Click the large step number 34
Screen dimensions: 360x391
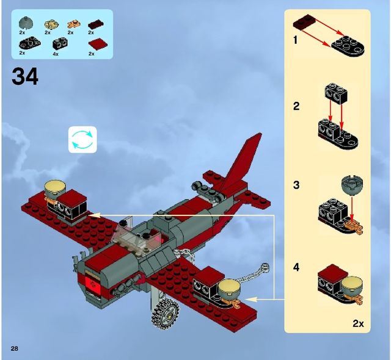24,77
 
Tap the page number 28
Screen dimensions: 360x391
13,348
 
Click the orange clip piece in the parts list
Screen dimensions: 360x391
71,24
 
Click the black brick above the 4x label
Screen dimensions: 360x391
59,44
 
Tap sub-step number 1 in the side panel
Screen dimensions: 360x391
295,41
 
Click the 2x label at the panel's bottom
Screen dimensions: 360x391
358,323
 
